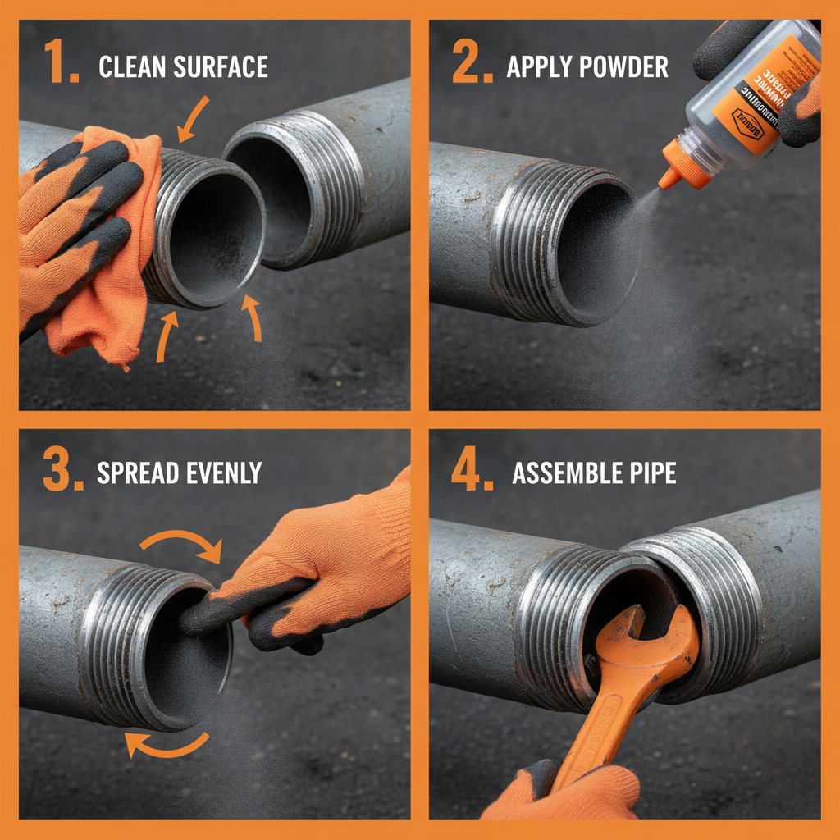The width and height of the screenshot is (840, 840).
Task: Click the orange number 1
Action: (60, 64)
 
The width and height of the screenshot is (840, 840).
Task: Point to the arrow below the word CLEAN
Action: (194, 119)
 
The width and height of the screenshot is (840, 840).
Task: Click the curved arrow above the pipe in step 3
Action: (182, 542)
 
